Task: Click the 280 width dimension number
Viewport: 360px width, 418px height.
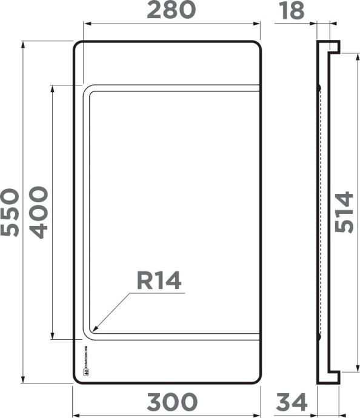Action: (x=173, y=10)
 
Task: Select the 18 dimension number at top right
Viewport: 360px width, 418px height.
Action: (x=292, y=10)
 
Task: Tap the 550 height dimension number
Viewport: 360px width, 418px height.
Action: (x=10, y=212)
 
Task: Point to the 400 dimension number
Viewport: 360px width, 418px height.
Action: (x=38, y=212)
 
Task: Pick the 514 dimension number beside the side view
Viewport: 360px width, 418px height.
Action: (x=344, y=211)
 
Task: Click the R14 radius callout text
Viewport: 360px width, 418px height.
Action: (x=159, y=280)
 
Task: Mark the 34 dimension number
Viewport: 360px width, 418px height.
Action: (x=292, y=402)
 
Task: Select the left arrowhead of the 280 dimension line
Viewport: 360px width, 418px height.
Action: (x=85, y=24)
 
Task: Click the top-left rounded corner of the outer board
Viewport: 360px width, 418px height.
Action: (x=77, y=45)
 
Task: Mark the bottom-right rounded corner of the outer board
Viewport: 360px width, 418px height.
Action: (x=259, y=379)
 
